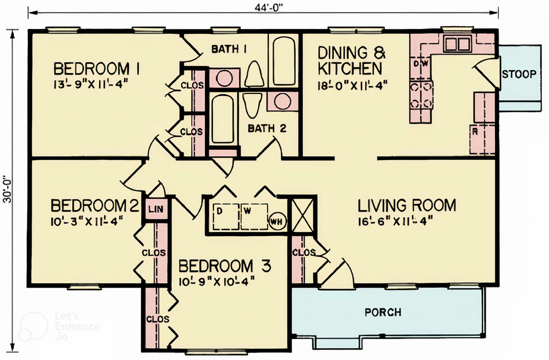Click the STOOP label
[x=518, y=74]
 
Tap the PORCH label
[x=383, y=312]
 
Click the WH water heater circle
[x=277, y=221]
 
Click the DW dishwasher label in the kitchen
[x=420, y=63]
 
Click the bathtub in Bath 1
[x=283, y=60]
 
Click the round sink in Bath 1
[x=224, y=79]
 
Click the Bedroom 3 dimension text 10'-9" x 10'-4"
[x=216, y=280]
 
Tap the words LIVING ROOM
[x=407, y=205]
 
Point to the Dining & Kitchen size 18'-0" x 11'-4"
[x=352, y=84]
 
